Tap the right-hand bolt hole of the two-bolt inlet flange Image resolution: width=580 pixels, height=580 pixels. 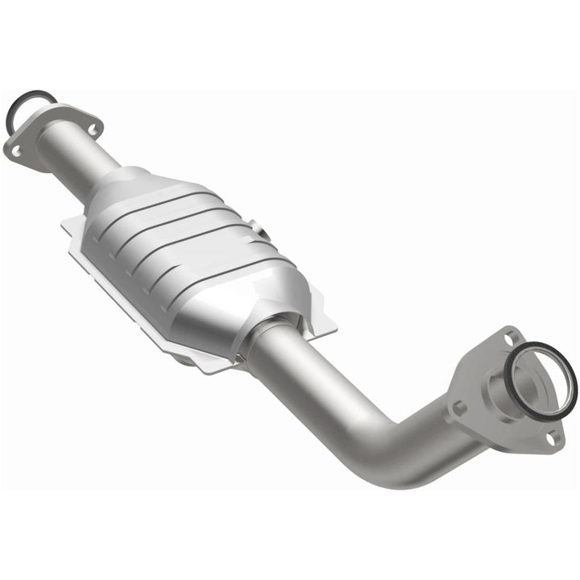[x=92, y=127]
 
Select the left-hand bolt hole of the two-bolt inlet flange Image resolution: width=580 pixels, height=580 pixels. [x=15, y=149]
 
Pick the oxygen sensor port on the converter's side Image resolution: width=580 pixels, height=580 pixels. [x=262, y=234]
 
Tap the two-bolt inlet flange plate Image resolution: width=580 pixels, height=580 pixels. [x=48, y=137]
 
